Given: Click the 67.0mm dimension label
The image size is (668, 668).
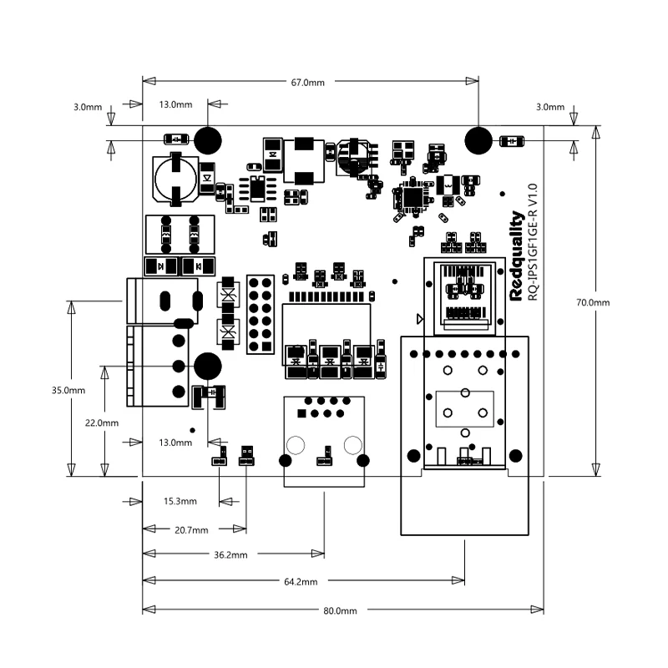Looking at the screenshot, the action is tap(307, 83).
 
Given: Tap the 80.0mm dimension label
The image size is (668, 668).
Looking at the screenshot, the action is tap(340, 611).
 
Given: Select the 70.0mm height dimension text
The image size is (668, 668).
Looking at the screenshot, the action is tap(593, 303).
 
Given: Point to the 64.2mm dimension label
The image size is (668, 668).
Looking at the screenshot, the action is tap(301, 582).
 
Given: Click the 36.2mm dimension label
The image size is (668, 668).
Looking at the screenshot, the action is tap(230, 555).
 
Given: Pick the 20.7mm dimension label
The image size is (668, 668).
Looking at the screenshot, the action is tap(191, 530).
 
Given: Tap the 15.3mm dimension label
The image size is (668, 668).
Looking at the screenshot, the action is tap(180, 502).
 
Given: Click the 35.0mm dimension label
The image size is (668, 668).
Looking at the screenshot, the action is tap(68, 391).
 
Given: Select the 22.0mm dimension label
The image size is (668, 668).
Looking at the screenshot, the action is tap(102, 423).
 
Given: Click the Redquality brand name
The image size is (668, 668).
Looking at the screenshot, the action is tap(516, 256).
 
